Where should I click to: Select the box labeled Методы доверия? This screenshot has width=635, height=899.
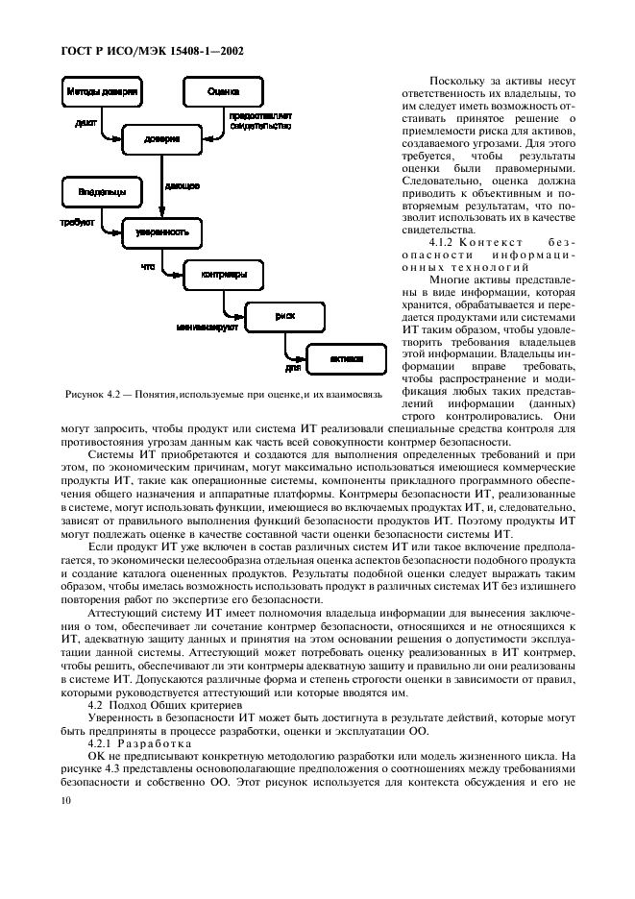pyautogui.click(x=103, y=93)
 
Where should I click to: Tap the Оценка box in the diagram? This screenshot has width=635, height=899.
pyautogui.click(x=223, y=93)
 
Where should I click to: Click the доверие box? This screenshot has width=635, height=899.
pyautogui.click(x=161, y=139)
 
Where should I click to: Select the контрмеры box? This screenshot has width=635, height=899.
pyautogui.click(x=223, y=274)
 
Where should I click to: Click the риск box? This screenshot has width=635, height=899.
pyautogui.click(x=285, y=315)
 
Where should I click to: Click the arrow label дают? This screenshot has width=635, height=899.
pyautogui.click(x=85, y=124)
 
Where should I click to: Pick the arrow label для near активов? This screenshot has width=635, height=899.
pyautogui.click(x=294, y=368)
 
